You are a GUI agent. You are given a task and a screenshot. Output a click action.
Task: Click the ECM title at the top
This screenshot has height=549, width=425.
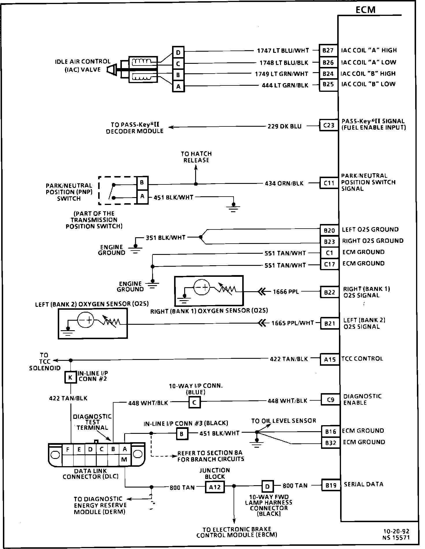(x=365, y=10)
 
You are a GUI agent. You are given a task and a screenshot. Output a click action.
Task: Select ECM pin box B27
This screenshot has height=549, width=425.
(x=328, y=51)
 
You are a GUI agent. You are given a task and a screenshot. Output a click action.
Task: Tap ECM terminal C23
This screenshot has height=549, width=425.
(x=329, y=125)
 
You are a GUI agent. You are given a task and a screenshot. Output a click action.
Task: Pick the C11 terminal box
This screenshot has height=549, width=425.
(x=329, y=183)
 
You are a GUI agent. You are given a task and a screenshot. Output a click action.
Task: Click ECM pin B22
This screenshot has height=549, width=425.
(x=329, y=292)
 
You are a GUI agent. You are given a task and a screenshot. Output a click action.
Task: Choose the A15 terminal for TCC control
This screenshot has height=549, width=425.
(x=330, y=359)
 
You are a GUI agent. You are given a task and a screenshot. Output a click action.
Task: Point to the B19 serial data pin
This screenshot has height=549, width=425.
(x=331, y=485)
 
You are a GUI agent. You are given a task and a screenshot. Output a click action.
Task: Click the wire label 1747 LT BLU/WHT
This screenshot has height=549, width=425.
(x=283, y=51)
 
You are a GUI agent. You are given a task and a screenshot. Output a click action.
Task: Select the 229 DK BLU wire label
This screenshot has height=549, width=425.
(x=284, y=126)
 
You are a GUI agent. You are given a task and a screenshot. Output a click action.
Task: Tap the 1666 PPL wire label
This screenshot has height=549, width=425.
(x=286, y=292)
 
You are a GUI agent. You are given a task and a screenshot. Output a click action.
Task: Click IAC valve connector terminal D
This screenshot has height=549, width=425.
(x=178, y=52)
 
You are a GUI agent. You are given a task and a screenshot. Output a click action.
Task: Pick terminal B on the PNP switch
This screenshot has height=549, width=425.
(x=142, y=182)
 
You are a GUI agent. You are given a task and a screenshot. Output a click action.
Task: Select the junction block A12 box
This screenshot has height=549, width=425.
(x=215, y=487)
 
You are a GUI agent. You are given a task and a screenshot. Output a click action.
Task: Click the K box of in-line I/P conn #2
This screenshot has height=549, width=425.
(x=70, y=377)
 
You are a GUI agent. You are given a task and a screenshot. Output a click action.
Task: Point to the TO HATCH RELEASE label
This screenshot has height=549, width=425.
(x=196, y=157)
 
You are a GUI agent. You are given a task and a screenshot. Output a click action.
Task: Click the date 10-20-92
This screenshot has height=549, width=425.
(x=396, y=531)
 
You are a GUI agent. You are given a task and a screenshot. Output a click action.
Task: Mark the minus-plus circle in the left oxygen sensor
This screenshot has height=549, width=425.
(x=85, y=320)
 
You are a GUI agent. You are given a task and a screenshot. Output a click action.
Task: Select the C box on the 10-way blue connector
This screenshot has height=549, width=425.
(x=194, y=403)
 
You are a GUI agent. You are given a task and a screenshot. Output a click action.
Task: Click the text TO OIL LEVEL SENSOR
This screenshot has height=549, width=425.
(x=284, y=421)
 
